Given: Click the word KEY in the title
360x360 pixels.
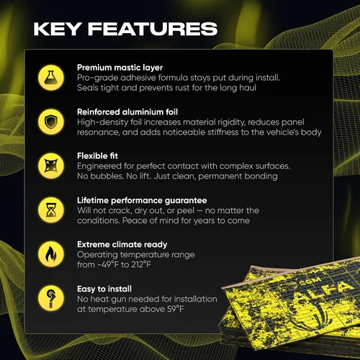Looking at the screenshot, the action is [57, 29].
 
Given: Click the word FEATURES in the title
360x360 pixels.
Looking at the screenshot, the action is [153, 29].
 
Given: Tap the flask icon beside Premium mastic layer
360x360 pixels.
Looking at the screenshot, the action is [51, 78].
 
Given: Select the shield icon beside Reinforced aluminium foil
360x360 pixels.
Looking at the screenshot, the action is [51, 122].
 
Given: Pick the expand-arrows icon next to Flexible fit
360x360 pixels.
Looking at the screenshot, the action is [51, 166].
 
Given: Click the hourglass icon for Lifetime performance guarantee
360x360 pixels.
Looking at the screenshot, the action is [51, 210].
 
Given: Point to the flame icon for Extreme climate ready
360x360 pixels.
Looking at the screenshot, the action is [51, 254].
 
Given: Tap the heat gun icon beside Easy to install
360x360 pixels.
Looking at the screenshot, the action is [51, 298].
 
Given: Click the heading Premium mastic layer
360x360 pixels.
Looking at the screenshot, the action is [120, 68].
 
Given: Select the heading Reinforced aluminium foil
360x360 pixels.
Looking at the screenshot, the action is [127, 112].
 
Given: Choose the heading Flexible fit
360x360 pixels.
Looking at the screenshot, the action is [97, 156].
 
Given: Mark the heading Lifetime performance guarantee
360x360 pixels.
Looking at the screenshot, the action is [142, 200].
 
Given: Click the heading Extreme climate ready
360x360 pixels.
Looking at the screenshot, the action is [122, 245].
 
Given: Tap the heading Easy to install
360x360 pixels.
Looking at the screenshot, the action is [104, 289].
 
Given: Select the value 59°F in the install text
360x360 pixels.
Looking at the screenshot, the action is [176, 309].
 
